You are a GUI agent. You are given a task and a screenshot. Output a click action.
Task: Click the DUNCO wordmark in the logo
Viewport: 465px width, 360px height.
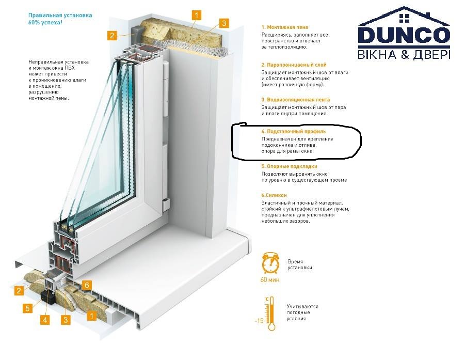[404, 36]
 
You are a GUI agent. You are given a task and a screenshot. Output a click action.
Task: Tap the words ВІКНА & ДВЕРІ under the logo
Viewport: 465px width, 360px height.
[404, 55]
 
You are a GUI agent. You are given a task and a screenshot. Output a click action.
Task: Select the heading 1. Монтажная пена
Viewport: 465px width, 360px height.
[285, 27]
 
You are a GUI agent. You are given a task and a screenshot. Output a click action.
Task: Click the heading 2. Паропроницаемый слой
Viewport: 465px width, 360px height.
[294, 65]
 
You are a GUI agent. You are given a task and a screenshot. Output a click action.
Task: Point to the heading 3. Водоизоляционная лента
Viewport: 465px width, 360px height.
[296, 100]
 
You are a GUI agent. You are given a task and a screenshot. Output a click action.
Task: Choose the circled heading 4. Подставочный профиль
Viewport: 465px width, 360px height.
[294, 131]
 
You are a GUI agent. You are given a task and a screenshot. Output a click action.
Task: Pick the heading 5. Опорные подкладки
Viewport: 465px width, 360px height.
[289, 166]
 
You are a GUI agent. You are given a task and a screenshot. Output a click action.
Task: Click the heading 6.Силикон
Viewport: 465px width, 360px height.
[274, 195]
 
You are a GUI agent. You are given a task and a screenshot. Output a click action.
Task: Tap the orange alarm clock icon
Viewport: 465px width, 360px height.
[270, 263]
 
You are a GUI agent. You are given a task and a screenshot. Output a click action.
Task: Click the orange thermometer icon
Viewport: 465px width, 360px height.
[270, 314]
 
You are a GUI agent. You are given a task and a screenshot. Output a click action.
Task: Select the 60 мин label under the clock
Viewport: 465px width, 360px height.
[270, 279]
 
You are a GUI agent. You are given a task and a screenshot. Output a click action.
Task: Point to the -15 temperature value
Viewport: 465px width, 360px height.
[259, 321]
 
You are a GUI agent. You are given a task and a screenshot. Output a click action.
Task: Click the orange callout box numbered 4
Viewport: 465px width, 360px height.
[45, 320]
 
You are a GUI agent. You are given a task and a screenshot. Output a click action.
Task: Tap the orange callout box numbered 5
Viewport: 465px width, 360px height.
[27, 308]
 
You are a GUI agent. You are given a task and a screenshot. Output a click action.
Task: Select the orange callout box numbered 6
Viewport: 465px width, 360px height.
[87, 285]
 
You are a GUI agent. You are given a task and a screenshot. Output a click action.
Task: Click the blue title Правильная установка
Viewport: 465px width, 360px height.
[60, 15]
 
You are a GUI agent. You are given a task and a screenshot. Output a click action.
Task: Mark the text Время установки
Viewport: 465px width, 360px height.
[299, 264]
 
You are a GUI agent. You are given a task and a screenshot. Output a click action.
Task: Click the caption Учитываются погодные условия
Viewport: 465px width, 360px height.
[302, 312]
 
